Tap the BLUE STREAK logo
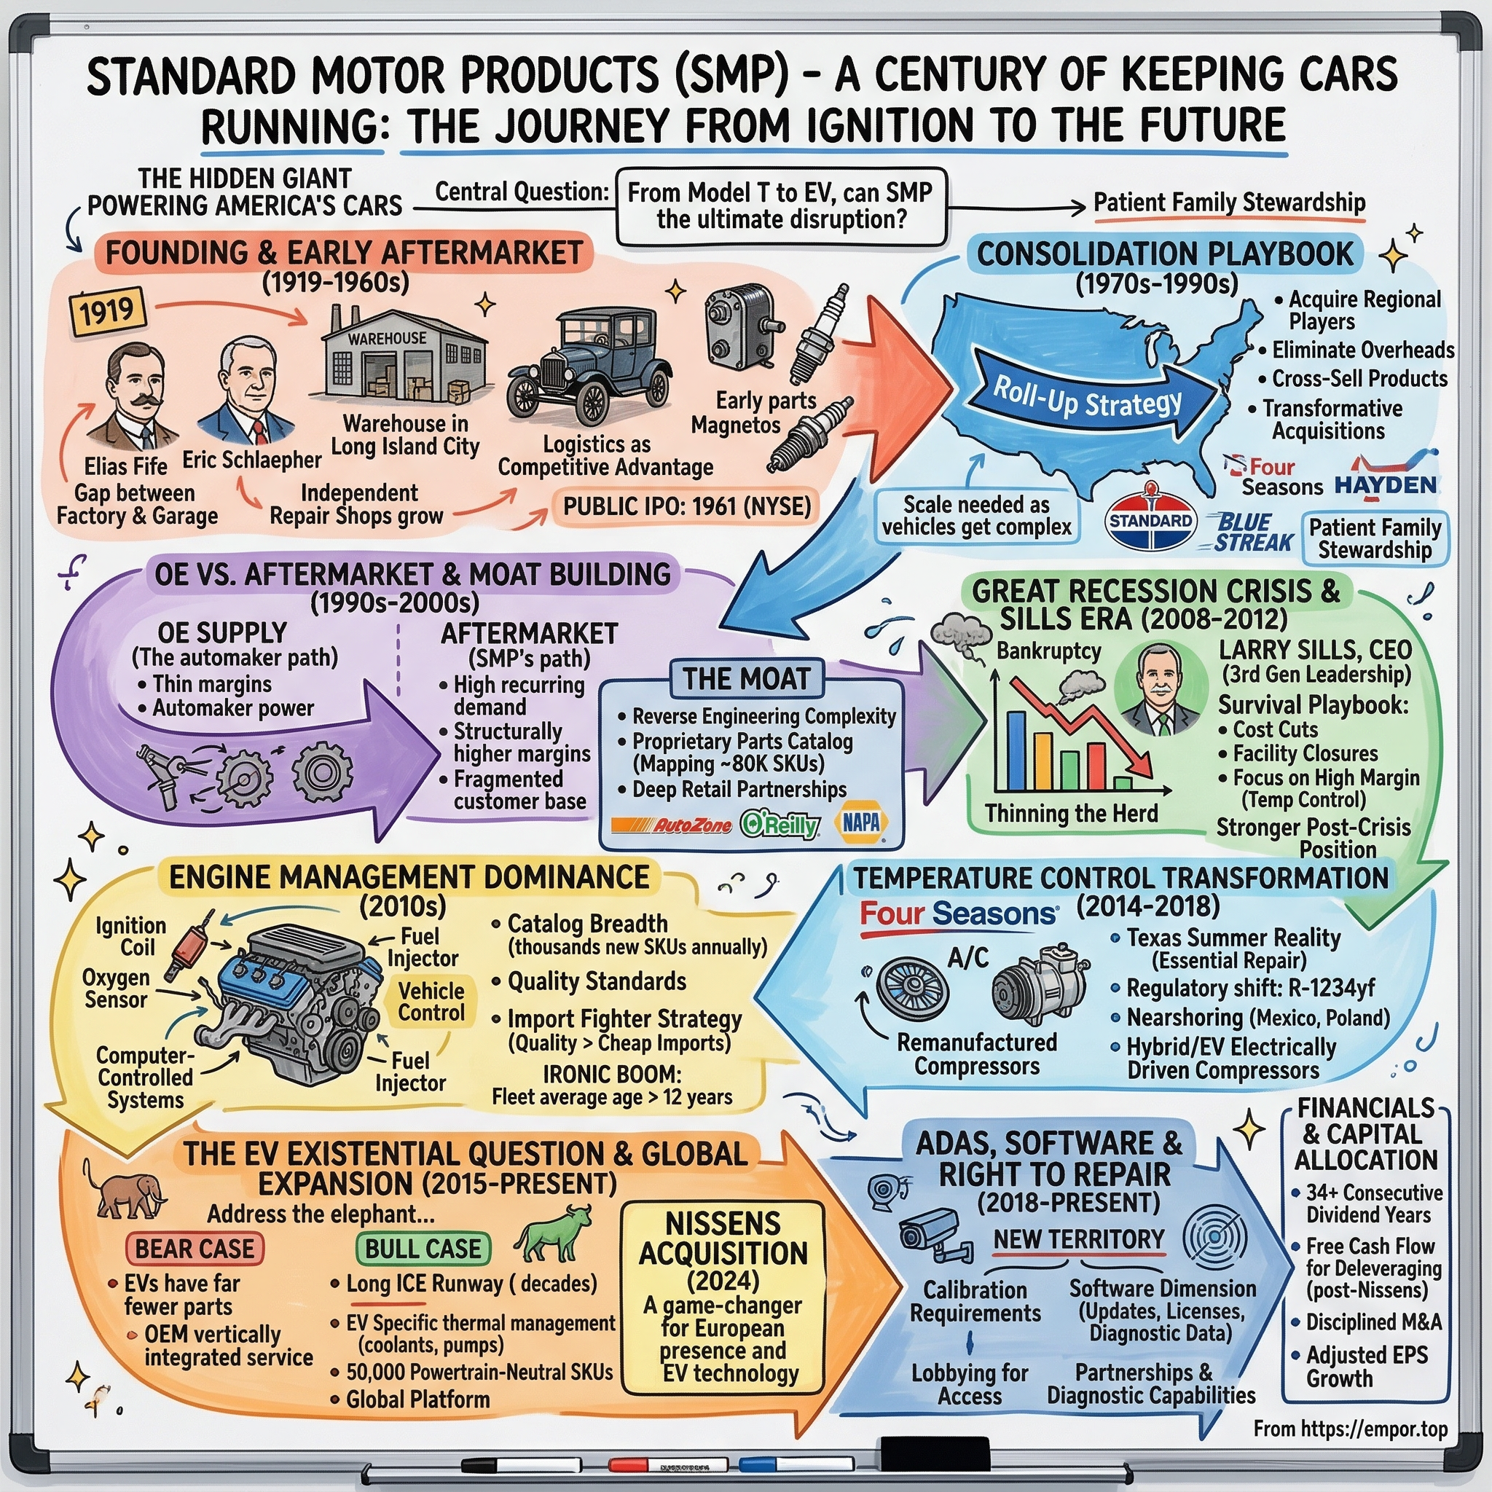click(1249, 533)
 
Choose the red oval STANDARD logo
click(1150, 522)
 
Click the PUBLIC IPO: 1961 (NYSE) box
click(686, 506)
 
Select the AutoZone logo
click(670, 825)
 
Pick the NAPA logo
click(860, 822)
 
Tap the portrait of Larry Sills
click(1160, 690)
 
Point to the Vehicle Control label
click(431, 1002)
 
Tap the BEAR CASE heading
click(194, 1249)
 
